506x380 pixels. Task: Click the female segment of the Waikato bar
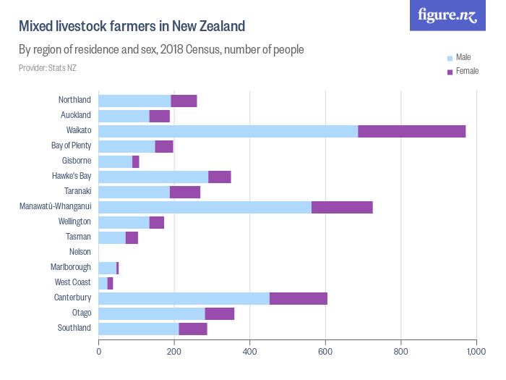(411, 131)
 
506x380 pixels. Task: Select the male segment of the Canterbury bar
(184, 298)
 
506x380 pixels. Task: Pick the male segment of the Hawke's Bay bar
(153, 177)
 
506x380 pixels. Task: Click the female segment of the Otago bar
(219, 313)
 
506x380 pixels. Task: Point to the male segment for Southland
(139, 329)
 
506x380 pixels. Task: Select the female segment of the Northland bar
(184, 101)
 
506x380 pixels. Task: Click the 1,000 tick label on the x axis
(475, 352)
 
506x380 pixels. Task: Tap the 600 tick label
(325, 352)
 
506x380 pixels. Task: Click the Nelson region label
(80, 252)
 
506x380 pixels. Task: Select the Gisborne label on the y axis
(76, 161)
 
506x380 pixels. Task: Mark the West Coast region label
(72, 282)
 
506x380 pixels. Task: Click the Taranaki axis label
(77, 192)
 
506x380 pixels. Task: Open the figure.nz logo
(447, 15)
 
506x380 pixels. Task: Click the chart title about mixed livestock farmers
(132, 27)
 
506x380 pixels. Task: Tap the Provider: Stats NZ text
(48, 68)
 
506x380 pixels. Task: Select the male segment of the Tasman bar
(111, 237)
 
